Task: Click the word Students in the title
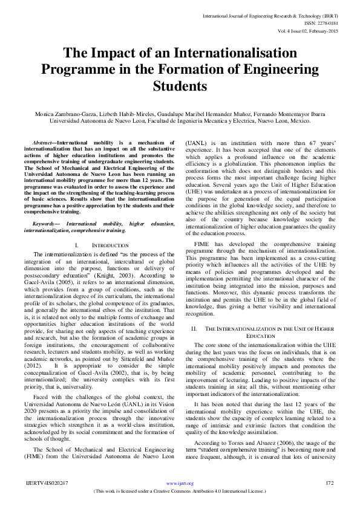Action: [x=180, y=86]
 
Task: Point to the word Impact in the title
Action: [x=114, y=53]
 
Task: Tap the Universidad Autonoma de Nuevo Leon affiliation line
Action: [x=180, y=120]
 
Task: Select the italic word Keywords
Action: [x=47, y=224]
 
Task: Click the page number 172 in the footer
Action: [x=329, y=483]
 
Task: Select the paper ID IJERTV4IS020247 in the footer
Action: [x=47, y=483]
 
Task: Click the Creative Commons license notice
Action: [x=180, y=492]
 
